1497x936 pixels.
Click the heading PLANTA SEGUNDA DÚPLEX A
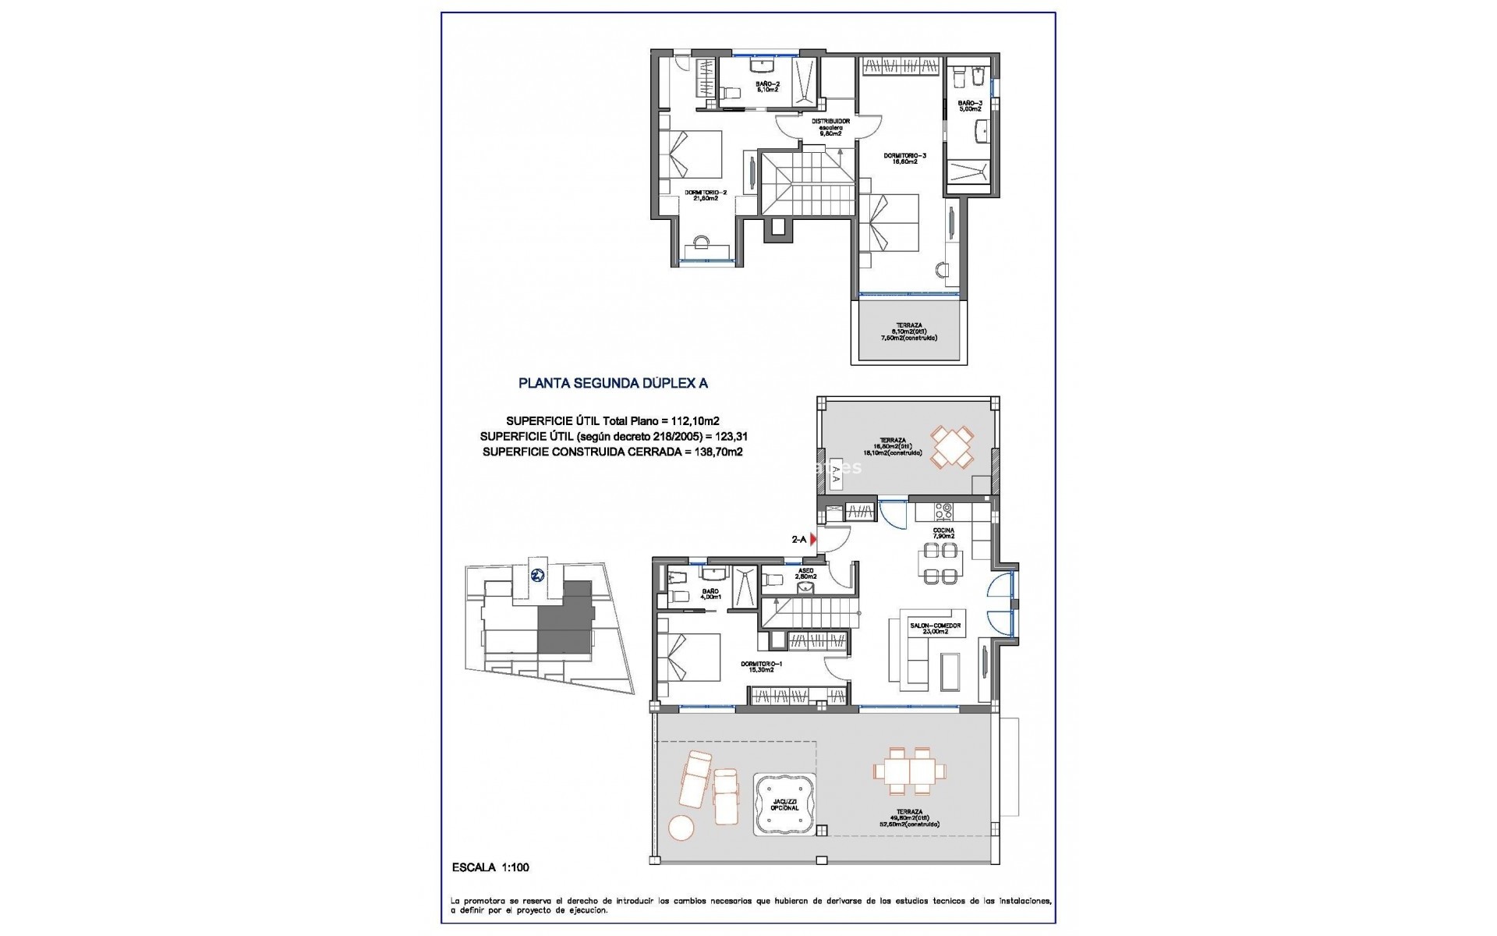[x=613, y=384]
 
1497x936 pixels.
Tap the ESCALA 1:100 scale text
[x=491, y=867]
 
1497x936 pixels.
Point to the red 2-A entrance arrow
[x=813, y=539]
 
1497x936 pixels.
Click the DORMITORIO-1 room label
[x=761, y=666]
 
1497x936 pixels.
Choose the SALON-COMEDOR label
[x=935, y=629]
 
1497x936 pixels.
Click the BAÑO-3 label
[x=970, y=105]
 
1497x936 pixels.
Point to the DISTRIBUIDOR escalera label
[x=830, y=127]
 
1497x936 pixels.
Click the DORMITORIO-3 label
[x=904, y=158]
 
